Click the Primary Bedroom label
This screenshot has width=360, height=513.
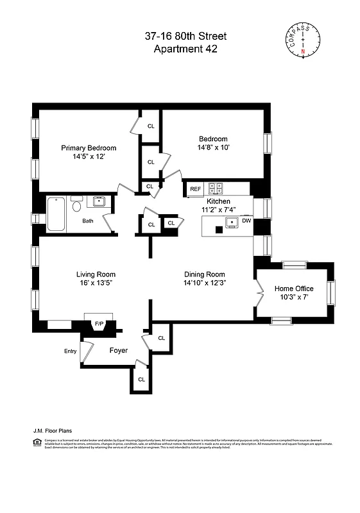click(x=89, y=147)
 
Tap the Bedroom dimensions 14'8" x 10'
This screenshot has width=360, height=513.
click(x=213, y=147)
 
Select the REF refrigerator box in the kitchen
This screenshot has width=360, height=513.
click(x=195, y=189)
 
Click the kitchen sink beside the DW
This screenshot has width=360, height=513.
click(x=230, y=223)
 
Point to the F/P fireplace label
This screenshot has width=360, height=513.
click(x=99, y=323)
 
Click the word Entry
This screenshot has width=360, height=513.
click(x=71, y=351)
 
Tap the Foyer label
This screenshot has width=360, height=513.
click(x=119, y=351)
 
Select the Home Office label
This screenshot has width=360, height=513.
click(x=295, y=289)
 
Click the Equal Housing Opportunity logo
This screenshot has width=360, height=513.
click(x=35, y=442)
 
